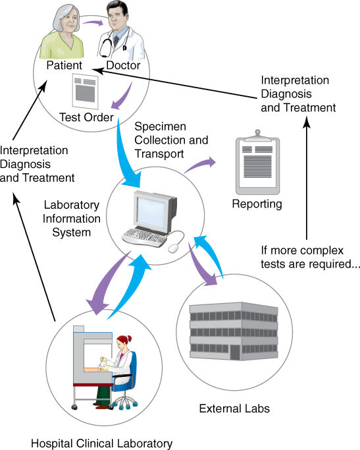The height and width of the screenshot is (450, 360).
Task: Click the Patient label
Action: pyautogui.click(x=64, y=66)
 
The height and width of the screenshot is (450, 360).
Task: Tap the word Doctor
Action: pyautogui.click(x=124, y=66)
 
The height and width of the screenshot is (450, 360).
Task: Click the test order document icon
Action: pyautogui.click(x=84, y=91)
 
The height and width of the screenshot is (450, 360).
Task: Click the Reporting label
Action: pyautogui.click(x=257, y=204)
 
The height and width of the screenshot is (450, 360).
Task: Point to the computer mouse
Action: pyautogui.click(x=174, y=248)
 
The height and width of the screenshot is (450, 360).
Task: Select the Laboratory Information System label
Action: pyautogui.click(x=72, y=219)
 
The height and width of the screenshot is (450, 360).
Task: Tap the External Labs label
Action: pyautogui.click(x=234, y=409)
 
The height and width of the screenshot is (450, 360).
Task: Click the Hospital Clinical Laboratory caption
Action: pyautogui.click(x=101, y=443)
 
